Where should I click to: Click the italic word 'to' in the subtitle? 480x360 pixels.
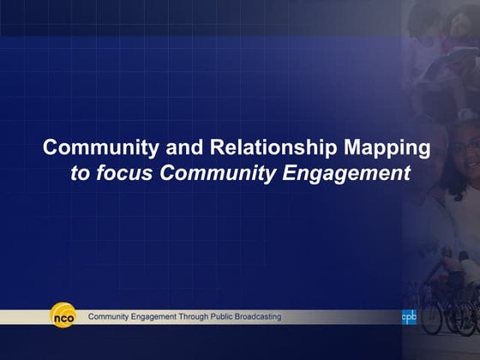[80, 174]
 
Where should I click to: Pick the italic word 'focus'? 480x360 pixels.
[125, 174]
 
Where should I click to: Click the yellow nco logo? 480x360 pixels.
[63, 316]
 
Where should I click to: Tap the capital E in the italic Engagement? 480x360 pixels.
[285, 174]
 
